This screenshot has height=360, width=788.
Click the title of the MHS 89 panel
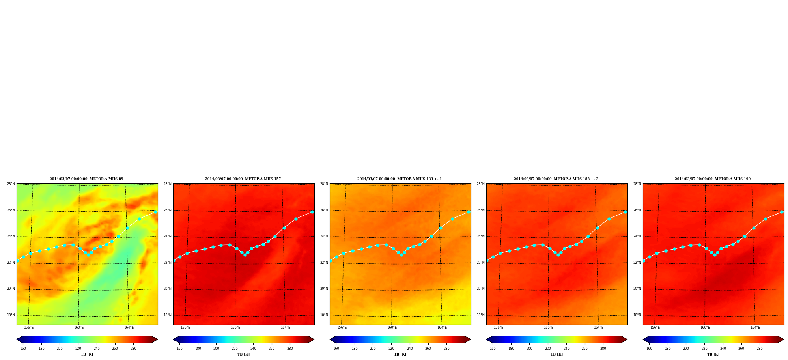click(86, 179)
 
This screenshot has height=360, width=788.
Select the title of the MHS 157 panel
click(243, 179)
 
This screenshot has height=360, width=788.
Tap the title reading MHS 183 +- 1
click(400, 179)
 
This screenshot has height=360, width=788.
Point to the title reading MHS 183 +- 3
click(556, 179)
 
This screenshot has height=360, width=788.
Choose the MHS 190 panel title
click(713, 179)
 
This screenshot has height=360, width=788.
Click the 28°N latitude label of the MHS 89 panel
click(11, 184)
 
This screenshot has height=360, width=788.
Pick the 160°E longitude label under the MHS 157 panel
click(235, 328)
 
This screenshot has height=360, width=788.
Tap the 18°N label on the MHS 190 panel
click(637, 315)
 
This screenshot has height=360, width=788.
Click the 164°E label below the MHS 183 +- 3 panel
click(599, 328)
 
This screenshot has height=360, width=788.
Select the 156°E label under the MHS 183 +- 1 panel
click(342, 328)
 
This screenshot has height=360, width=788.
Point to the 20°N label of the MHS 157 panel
click(167, 289)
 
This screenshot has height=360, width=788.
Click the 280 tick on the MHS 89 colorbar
click(133, 349)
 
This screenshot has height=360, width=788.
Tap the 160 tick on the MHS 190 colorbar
click(649, 349)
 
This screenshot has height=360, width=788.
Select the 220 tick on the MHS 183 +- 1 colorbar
click(391, 349)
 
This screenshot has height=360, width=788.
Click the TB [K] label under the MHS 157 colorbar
click(243, 354)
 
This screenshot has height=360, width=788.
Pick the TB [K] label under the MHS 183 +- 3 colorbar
click(556, 354)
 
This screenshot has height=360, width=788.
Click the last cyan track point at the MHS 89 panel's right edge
click(155, 212)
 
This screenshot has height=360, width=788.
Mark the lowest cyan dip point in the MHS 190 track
click(715, 255)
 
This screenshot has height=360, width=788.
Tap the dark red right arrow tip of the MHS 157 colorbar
click(314, 339)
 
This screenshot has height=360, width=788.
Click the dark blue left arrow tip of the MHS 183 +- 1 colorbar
click(330, 339)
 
